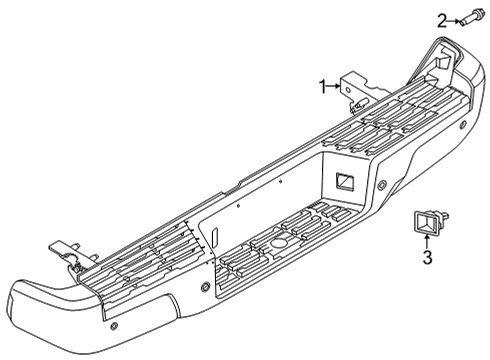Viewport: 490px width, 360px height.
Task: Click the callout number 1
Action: (322, 86)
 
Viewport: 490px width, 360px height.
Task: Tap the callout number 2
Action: (441, 18)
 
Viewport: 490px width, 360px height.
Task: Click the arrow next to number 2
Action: (456, 18)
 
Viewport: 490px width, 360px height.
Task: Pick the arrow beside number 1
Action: (337, 86)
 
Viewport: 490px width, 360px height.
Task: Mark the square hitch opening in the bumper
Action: (346, 181)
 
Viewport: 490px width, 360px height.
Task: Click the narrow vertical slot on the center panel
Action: (215, 241)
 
